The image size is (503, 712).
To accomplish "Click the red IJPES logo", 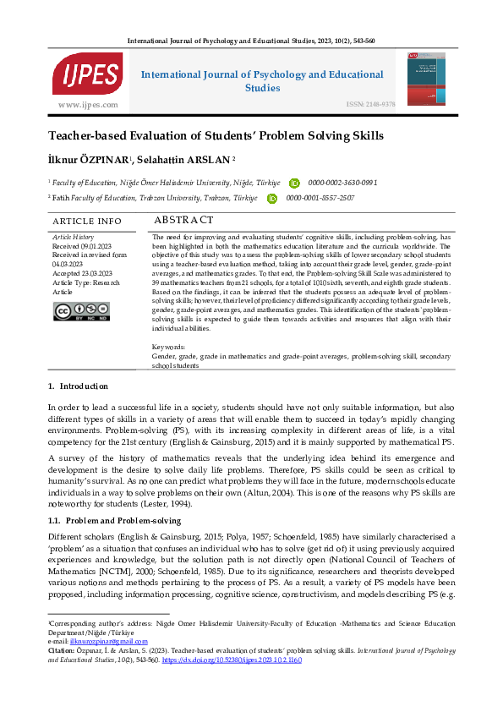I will coord(87,74).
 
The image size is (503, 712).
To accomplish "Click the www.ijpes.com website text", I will coord(87,104).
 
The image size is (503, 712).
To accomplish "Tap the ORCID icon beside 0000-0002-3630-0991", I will coord(294,183).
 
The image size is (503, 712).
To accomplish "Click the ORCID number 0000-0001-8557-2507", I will coord(320,198).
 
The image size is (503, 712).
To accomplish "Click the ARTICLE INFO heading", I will coord(87,222).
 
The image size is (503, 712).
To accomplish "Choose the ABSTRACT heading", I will coord(184,221).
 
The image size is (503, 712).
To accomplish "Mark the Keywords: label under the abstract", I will coord(169,347).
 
